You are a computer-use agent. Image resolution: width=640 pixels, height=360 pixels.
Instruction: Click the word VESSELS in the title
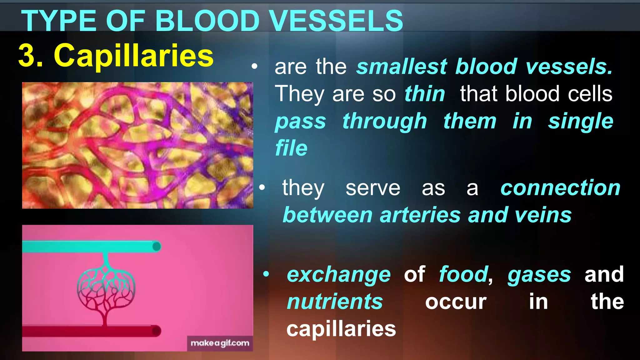(336, 21)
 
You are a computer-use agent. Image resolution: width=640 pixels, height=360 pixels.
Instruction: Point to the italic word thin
(425, 94)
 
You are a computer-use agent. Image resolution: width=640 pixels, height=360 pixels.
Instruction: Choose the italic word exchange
(339, 274)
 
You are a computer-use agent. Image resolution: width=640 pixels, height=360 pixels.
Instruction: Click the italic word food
(463, 274)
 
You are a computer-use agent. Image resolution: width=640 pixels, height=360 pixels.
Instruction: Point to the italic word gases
(539, 274)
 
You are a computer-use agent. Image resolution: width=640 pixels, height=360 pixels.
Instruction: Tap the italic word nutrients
(335, 302)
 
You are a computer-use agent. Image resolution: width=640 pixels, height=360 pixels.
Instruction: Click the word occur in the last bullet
(456, 302)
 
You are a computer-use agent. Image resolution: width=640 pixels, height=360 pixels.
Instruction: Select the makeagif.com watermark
(220, 343)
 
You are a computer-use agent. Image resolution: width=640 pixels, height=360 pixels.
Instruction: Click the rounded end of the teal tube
(157, 247)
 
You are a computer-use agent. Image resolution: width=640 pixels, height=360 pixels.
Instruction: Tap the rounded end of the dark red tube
(156, 331)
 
